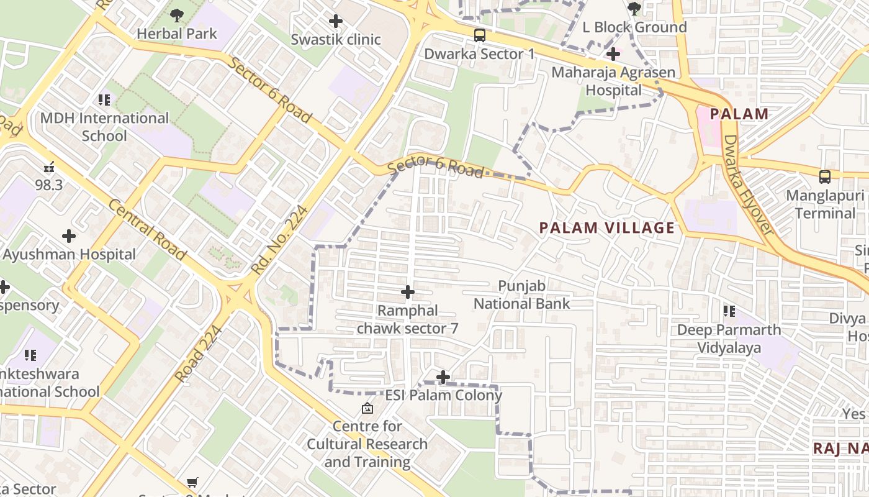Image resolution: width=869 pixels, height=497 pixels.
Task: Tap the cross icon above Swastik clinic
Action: tap(336, 21)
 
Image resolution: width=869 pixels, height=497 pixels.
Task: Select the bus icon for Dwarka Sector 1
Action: tap(479, 35)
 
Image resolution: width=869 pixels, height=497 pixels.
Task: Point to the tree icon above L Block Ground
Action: tap(634, 9)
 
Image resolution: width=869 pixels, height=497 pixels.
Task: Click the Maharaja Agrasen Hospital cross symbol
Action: tap(613, 54)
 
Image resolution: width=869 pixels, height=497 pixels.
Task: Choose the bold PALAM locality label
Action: tap(739, 114)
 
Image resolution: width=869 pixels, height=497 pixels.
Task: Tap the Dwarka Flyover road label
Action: tap(749, 185)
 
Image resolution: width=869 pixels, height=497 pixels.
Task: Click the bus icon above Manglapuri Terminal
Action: tap(825, 177)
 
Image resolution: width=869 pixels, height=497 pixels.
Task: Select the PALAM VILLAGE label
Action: tap(606, 227)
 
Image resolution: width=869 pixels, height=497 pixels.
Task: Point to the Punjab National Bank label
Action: tap(521, 294)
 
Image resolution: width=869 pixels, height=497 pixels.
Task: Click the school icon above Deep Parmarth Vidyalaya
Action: tap(729, 311)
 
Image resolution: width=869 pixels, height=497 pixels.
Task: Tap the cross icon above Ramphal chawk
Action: tap(408, 292)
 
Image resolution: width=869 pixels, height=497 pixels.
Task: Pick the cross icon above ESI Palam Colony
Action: tap(443, 377)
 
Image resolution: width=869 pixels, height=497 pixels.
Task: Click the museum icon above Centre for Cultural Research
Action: tap(367, 408)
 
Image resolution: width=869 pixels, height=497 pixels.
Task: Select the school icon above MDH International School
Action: tap(104, 99)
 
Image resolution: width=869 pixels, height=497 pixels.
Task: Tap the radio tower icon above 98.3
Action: tap(49, 166)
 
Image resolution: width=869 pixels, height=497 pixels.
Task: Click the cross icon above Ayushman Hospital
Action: tap(69, 236)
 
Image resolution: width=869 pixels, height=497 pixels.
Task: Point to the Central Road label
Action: tap(147, 229)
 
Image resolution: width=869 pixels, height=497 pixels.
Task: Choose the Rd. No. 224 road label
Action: tap(279, 240)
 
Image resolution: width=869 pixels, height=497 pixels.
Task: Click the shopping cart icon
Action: tap(192, 483)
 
